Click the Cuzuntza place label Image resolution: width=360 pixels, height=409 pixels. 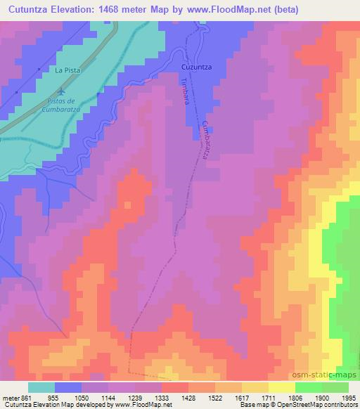pos(197,67)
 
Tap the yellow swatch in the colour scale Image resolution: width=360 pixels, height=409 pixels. pos(281,387)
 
